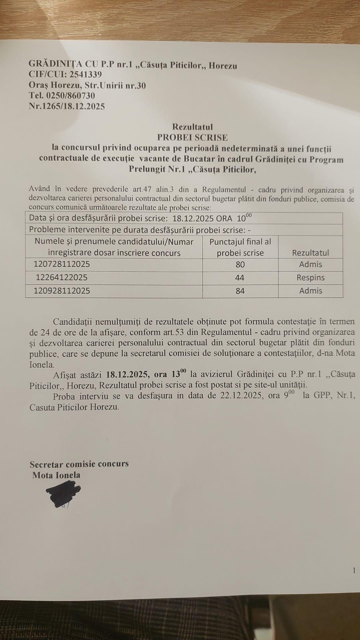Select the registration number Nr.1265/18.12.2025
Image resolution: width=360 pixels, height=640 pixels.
pos(67,106)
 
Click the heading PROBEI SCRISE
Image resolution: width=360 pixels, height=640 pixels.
pos(193,137)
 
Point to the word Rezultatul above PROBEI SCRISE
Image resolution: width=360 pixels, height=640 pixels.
pos(193,127)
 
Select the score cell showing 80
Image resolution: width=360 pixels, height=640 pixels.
pos(240,265)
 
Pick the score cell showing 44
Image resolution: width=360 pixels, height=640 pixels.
pos(240,278)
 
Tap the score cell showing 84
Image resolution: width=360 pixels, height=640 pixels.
pos(240,291)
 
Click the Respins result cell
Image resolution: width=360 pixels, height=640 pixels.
pos(310,278)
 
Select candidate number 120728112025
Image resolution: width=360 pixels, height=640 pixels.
pos(62,264)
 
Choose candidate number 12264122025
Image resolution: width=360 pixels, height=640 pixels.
pos(62,277)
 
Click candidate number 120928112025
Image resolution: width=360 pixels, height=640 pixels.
pos(62,291)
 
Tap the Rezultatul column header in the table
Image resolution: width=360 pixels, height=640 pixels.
pos(310,253)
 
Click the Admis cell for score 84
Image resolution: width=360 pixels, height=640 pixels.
pos(310,291)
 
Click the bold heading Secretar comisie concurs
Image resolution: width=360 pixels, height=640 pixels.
pos(79,464)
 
